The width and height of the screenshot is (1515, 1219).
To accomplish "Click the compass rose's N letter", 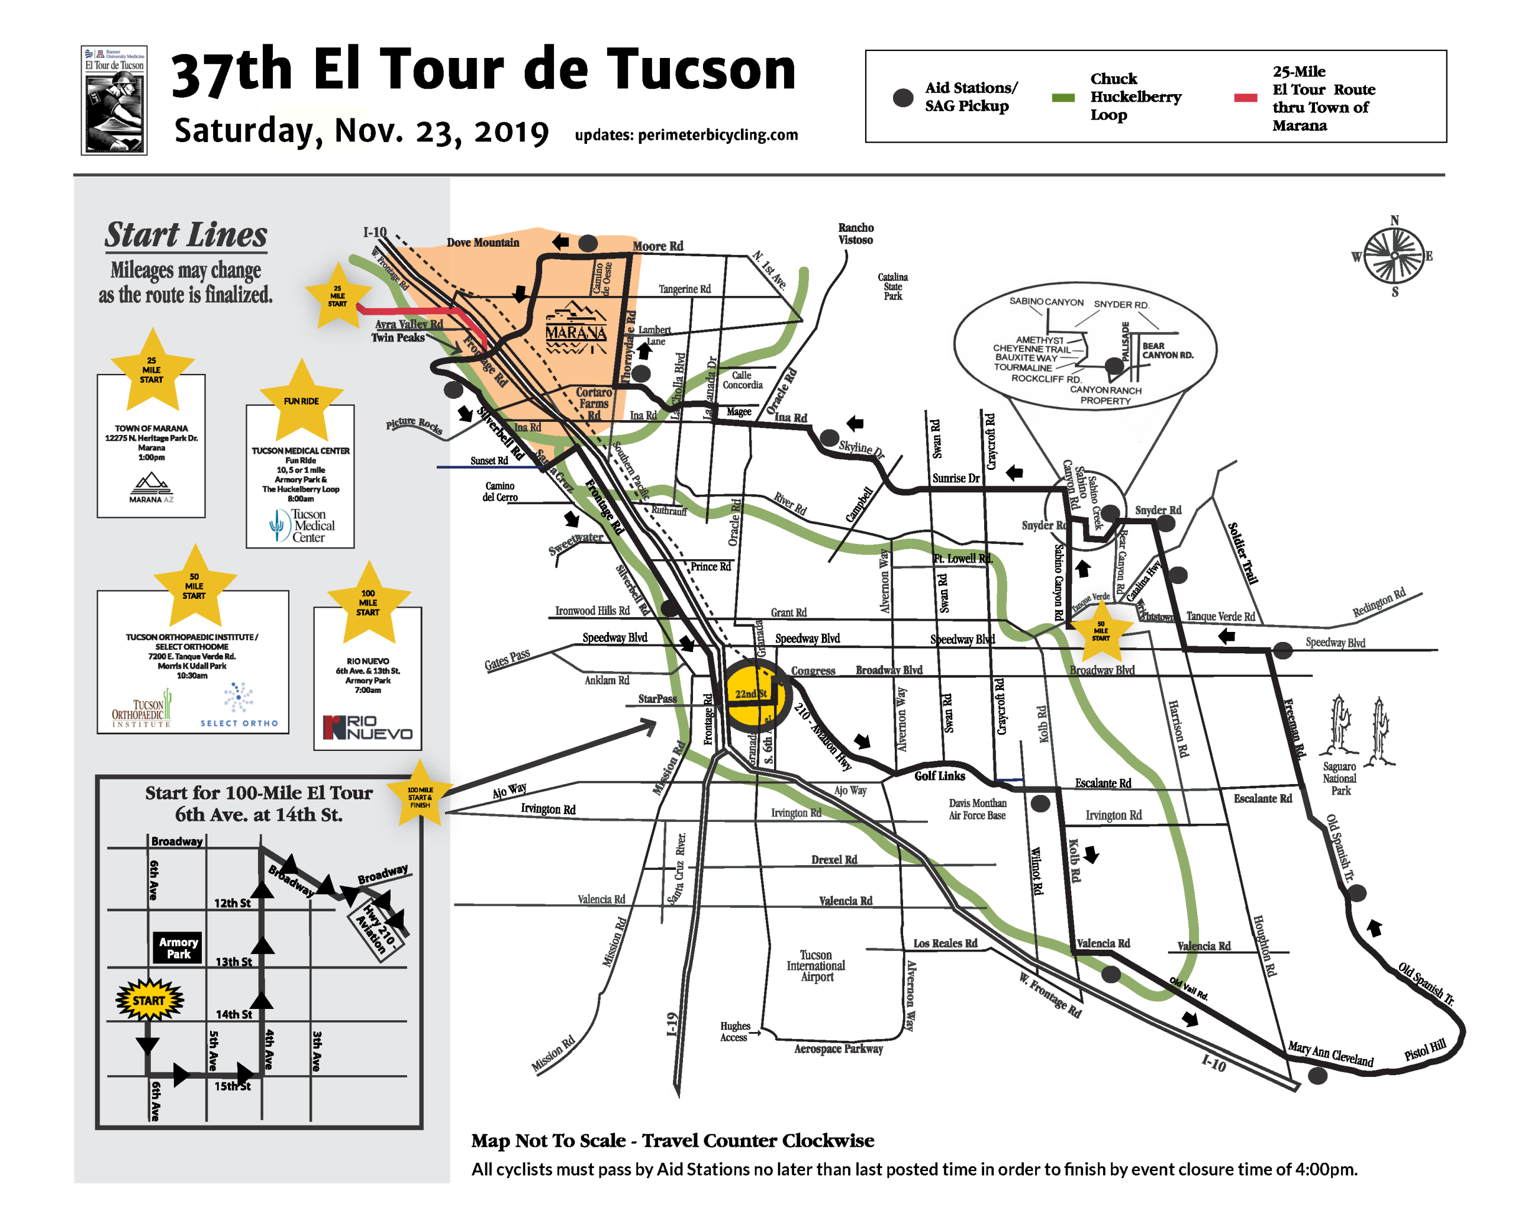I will pos(1394,221).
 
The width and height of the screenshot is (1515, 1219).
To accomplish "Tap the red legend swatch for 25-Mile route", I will pos(1245,98).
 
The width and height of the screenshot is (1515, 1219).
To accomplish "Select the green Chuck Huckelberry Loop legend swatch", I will pos(1062,98).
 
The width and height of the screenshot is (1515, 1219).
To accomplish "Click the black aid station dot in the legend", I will pos(903,98).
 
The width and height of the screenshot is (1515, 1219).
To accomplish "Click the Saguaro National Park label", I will pos(1339,779).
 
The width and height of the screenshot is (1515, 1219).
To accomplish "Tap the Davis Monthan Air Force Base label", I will pos(976,809).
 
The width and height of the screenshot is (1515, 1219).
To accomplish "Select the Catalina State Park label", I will pos(892,286).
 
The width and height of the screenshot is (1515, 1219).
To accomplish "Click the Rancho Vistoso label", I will pos(855,234).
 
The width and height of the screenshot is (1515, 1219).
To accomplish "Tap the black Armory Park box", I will pos(178,948).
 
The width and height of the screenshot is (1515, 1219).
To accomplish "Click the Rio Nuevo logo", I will pos(368,727).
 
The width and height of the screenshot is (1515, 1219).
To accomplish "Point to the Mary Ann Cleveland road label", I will pos(1330,1054).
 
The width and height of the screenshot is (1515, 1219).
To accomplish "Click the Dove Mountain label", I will pos(483,243).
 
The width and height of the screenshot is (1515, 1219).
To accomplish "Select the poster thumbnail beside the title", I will pos(114,101).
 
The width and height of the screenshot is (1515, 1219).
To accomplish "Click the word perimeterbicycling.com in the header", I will pos(717,135).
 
